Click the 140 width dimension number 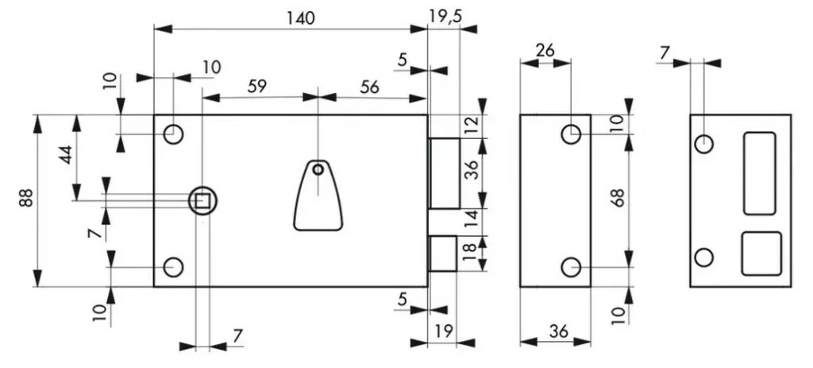tap(291, 17)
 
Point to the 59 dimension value tap(256, 87)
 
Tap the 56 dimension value tap(369, 87)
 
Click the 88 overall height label tap(26, 199)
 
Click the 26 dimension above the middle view tap(545, 50)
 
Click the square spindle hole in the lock tap(202, 200)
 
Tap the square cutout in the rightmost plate tap(761, 254)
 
